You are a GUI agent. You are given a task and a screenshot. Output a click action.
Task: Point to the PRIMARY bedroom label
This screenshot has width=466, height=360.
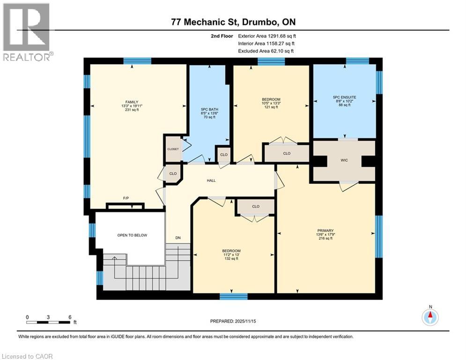click(325, 231)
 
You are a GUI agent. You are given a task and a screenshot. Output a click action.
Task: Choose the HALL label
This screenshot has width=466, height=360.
click(211, 180)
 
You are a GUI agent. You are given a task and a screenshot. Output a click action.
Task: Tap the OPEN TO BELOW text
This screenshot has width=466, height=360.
click(133, 235)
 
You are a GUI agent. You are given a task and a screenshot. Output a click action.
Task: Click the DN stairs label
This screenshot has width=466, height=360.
click(178, 238)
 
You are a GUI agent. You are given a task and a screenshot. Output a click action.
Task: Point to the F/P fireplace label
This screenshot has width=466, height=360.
click(126, 198)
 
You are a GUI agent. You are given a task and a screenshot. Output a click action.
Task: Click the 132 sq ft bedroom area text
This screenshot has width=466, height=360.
click(231, 259)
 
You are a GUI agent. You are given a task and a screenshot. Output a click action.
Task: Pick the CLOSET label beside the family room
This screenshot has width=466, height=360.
click(173, 149)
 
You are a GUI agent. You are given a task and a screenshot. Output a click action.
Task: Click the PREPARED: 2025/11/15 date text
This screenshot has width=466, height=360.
click(234, 321)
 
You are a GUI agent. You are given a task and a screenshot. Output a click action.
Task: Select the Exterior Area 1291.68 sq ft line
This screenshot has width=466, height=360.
click(267, 36)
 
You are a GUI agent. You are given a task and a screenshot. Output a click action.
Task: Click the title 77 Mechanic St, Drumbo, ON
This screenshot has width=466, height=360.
click(233, 22)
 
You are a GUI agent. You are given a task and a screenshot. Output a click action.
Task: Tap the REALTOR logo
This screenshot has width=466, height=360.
click(27, 32)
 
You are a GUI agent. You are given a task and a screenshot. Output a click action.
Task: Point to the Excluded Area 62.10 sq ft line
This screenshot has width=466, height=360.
click(266, 51)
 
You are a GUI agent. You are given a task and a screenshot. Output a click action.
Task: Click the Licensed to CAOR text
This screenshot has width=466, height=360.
click(28, 356)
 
